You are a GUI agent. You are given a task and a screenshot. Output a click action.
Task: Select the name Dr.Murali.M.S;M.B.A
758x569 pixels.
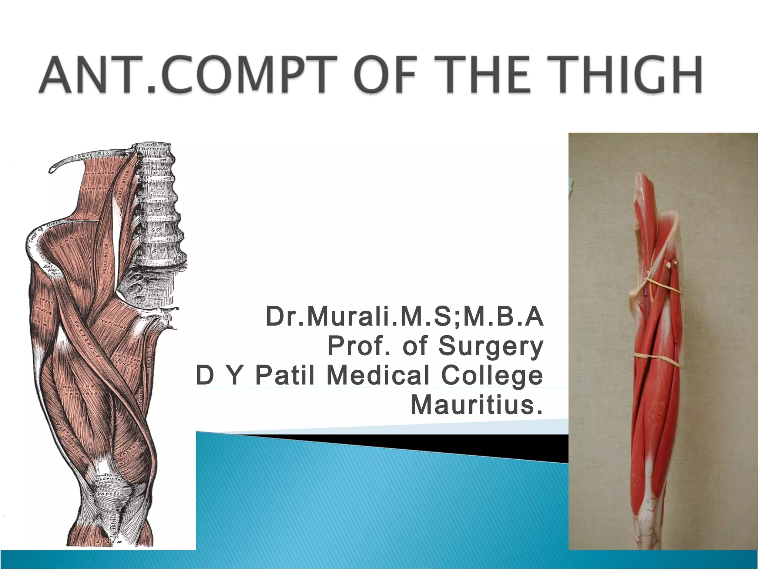click(405, 317)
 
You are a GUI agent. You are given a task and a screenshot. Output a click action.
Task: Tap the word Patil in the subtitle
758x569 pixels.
click(285, 375)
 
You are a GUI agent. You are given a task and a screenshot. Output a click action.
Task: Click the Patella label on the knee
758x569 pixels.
click(108, 494)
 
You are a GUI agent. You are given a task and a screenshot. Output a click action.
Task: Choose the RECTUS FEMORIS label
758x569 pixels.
click(80, 390)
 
